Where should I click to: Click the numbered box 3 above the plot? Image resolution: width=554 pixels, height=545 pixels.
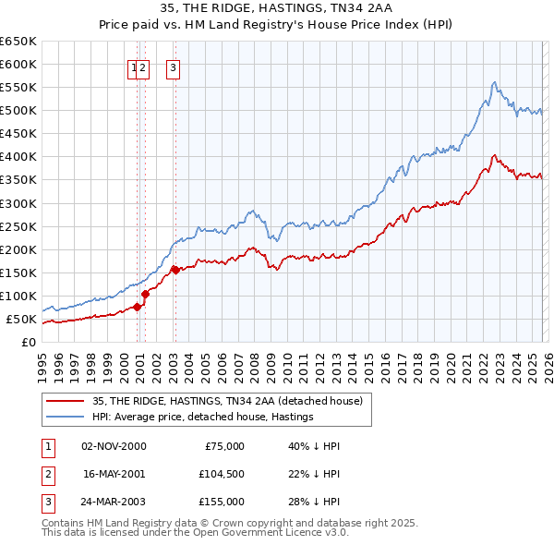[174, 67]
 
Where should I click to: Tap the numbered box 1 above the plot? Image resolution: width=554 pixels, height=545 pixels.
[134, 67]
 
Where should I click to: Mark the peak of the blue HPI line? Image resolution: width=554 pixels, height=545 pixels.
[495, 82]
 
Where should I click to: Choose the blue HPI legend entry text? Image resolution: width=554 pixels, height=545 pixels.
[203, 417]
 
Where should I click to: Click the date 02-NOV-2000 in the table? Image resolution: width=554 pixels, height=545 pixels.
[114, 446]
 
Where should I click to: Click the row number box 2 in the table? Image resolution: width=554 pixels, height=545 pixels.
[46, 474]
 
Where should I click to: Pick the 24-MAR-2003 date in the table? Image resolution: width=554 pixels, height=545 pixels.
[114, 502]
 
